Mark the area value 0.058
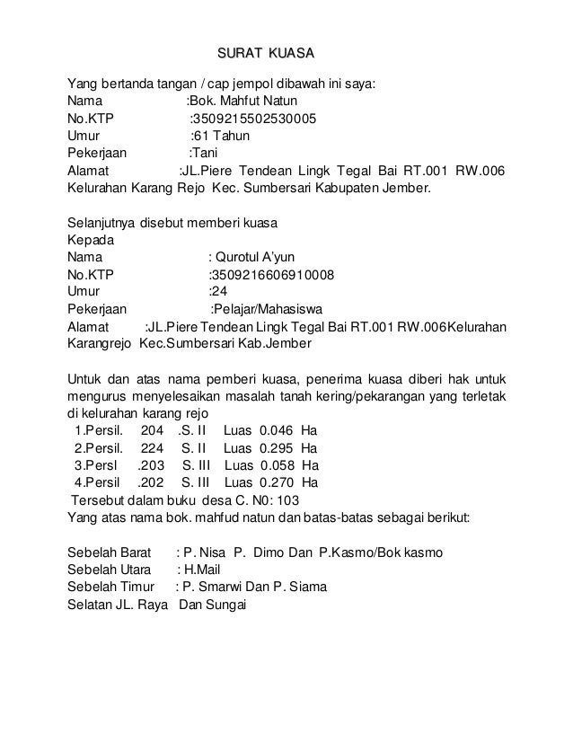[x=279, y=465]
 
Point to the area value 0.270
[x=279, y=482]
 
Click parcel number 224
[x=154, y=447]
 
